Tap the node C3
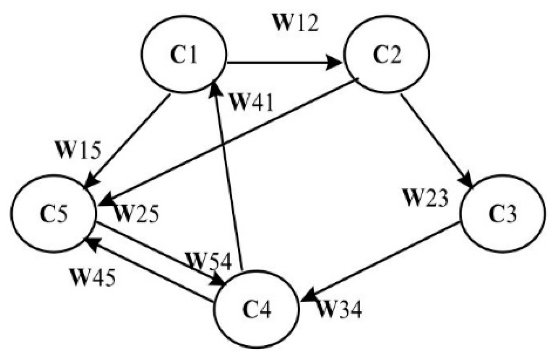click(503, 214)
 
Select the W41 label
click(251, 102)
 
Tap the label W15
click(79, 150)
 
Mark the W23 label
click(426, 198)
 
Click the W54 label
click(209, 261)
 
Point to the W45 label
click(93, 277)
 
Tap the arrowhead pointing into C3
click(467, 183)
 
